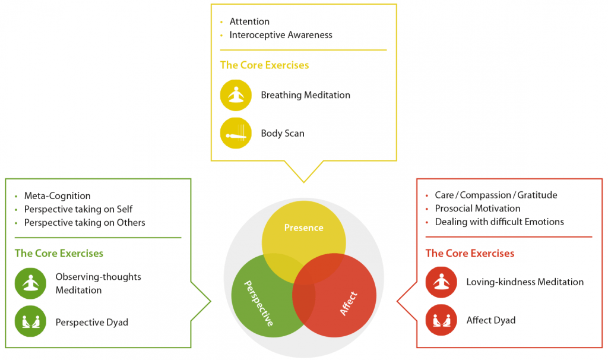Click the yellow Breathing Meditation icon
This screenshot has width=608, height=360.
point(236,95)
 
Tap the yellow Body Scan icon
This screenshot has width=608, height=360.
point(236,133)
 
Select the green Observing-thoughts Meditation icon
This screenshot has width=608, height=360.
point(30,283)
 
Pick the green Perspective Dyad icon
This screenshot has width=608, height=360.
point(30,321)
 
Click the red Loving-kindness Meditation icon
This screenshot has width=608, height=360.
point(441,282)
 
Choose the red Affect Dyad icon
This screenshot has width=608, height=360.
point(441,320)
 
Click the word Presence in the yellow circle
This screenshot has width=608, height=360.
point(303,228)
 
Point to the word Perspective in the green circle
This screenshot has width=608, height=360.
point(259,303)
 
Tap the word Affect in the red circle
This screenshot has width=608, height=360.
point(349,303)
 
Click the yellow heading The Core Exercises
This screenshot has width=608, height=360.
point(264,65)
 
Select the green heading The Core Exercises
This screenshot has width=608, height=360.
point(59,253)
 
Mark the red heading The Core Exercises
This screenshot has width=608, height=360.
point(470,253)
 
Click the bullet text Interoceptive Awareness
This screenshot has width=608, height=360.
point(281,35)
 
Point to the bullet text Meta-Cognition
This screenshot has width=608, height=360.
point(57,195)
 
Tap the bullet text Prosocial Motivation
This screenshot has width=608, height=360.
point(477,209)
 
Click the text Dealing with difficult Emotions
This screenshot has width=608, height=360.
point(499,222)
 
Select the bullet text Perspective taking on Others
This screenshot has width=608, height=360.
point(84,223)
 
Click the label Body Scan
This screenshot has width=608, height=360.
point(283,133)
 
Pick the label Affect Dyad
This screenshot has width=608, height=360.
point(491,320)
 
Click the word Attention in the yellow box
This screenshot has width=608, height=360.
point(249,22)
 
